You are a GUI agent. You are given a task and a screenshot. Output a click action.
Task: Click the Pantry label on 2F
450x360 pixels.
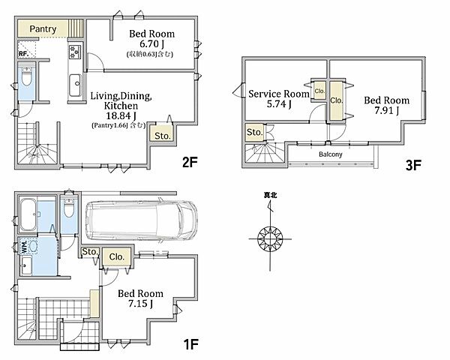pyautogui.click(x=43, y=29)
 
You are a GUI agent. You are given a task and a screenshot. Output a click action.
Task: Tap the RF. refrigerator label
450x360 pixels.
pyautogui.click(x=23, y=54)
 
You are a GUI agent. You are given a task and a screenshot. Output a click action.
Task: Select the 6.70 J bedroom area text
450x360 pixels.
pyautogui.click(x=151, y=44)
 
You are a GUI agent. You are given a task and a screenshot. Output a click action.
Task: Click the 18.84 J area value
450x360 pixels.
pyautogui.click(x=121, y=115)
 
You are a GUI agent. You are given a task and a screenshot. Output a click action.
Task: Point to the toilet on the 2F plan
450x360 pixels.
pyautogui.click(x=27, y=77)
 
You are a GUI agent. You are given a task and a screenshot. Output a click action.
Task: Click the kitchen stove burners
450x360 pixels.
pyautogui.click(x=75, y=52)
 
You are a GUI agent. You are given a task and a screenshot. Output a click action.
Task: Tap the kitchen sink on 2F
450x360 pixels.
pyautogui.click(x=76, y=85)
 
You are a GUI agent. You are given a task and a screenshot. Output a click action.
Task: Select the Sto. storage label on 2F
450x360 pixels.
pyautogui.click(x=163, y=136)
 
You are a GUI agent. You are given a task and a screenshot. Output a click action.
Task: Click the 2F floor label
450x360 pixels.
pyautogui.click(x=190, y=163)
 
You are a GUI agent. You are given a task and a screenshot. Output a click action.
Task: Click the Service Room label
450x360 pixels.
pyautogui.click(x=279, y=94)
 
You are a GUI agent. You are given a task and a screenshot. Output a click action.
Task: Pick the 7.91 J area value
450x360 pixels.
pyautogui.click(x=386, y=110)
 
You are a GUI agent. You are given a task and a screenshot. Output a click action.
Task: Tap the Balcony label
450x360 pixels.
pyautogui.click(x=331, y=154)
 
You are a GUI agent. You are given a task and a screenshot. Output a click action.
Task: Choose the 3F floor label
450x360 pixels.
pyautogui.click(x=413, y=165)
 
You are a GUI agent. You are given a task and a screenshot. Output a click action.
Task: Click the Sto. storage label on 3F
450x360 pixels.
pyautogui.click(x=254, y=132)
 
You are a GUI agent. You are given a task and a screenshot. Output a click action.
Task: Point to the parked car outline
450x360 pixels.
pyautogui.click(x=142, y=220)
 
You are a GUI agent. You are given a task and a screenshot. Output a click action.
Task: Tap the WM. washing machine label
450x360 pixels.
pyautogui.click(x=25, y=247)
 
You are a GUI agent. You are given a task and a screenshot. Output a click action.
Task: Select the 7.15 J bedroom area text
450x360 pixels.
pyautogui.click(x=140, y=304)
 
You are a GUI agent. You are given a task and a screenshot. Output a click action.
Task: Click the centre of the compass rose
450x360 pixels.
pyautogui.click(x=270, y=238)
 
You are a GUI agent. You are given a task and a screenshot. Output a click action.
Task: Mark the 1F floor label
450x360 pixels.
pyautogui.click(x=190, y=344)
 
